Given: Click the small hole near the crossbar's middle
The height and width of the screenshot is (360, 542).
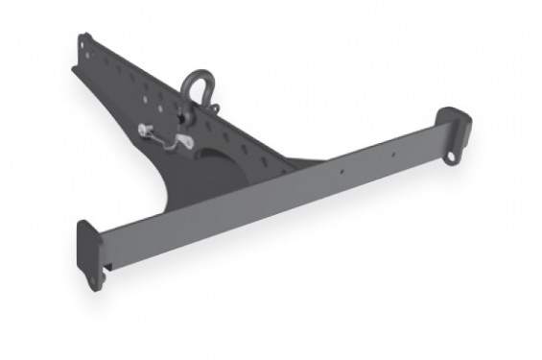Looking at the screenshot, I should point(342,173).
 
